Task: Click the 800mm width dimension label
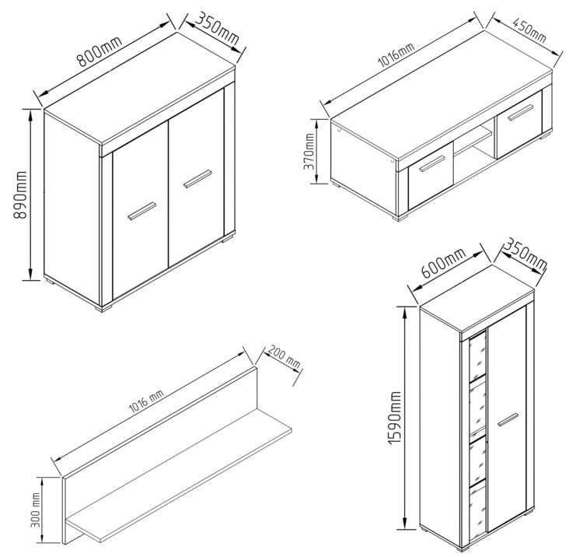click(99, 51)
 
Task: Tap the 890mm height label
click(21, 195)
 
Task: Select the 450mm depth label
click(529, 30)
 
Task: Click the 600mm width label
click(443, 263)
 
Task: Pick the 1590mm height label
click(395, 418)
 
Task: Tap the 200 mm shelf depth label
click(284, 357)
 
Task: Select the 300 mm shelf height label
click(36, 510)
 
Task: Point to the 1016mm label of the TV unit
click(396, 55)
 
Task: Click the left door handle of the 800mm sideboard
click(142, 212)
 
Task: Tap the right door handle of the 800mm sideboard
click(197, 179)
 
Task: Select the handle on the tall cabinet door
click(508, 419)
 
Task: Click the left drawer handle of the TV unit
click(432, 163)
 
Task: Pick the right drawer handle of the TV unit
click(521, 113)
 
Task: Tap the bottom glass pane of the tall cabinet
click(478, 512)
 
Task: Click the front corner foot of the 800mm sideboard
click(103, 309)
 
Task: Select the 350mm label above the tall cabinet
click(524, 254)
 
